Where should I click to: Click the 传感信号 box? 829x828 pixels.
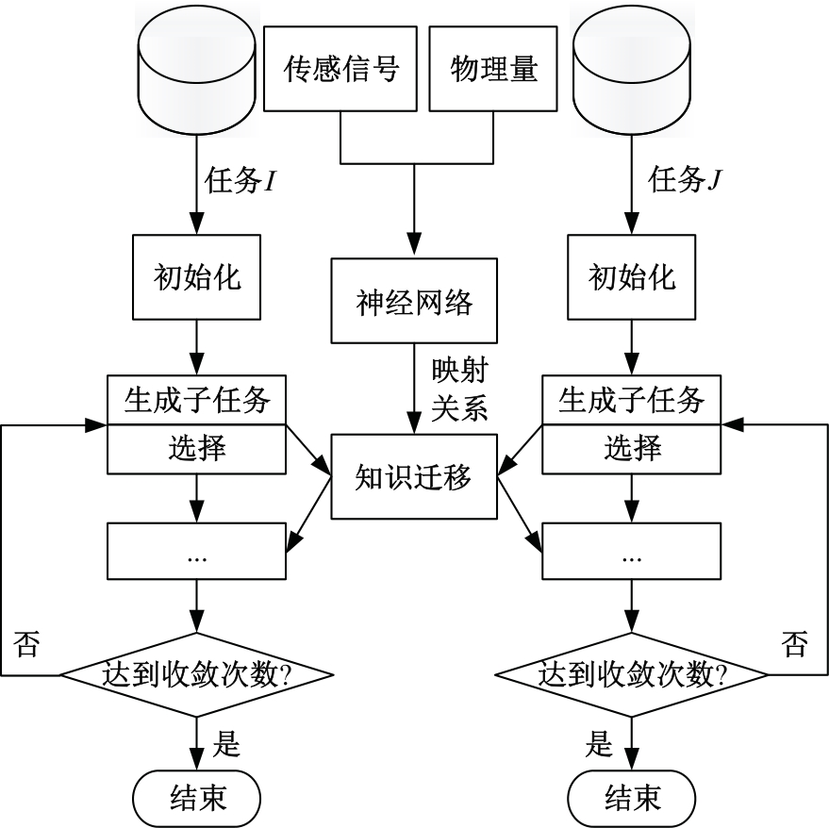(340, 69)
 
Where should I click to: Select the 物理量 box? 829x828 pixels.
(493, 69)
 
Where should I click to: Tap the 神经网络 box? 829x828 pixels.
(414, 303)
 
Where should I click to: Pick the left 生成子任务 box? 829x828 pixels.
(196, 400)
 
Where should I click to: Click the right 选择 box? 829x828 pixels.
(632, 447)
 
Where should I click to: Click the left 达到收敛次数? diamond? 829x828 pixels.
(196, 674)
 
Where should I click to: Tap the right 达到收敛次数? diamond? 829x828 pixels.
(632, 674)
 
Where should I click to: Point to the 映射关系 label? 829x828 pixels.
(458, 387)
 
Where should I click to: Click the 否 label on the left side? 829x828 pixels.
(27, 647)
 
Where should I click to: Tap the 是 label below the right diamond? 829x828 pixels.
(599, 744)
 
